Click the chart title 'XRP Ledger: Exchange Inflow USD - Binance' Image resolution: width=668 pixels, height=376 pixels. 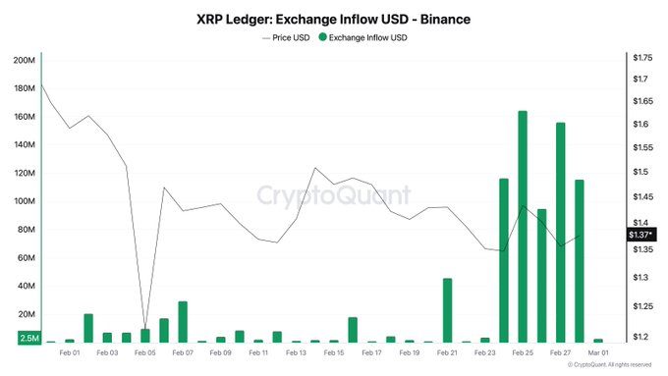pyautogui.click(x=333, y=19)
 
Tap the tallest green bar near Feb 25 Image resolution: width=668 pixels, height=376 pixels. pyautogui.click(x=523, y=226)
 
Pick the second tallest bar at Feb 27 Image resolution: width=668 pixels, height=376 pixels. pyautogui.click(x=560, y=232)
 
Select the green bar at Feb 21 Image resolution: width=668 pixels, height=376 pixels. pyautogui.click(x=447, y=310)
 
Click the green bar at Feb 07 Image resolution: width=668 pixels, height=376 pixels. pyautogui.click(x=183, y=322)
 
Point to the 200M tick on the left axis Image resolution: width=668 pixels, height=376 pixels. pyautogui.click(x=24, y=60)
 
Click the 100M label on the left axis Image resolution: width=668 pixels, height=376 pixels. pyautogui.click(x=24, y=201)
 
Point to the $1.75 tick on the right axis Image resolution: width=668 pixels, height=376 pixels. pyautogui.click(x=643, y=60)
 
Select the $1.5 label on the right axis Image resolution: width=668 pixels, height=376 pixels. pyautogui.click(x=641, y=172)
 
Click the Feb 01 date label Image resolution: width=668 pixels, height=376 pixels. pyautogui.click(x=70, y=351)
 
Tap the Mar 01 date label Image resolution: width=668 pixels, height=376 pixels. pyautogui.click(x=597, y=351)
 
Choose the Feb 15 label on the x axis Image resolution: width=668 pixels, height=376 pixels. pyautogui.click(x=334, y=351)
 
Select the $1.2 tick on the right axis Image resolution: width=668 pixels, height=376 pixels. pyautogui.click(x=641, y=337)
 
